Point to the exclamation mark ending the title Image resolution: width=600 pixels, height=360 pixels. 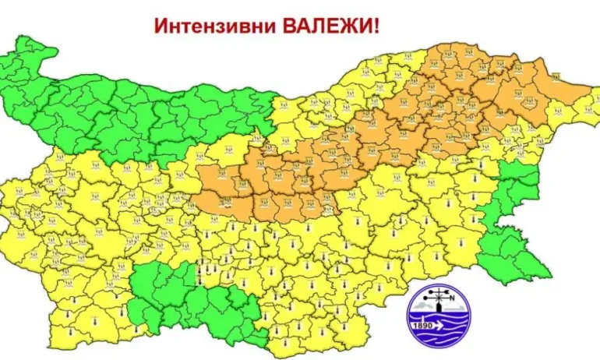click(x=376, y=26)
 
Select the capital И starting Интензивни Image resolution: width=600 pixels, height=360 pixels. click(x=159, y=26)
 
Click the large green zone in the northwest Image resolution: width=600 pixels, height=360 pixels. click(x=132, y=109)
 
